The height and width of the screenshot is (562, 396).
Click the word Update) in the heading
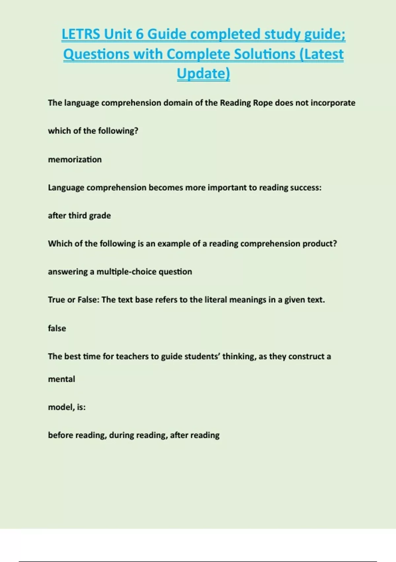point(203,73)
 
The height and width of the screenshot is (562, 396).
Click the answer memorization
point(75,159)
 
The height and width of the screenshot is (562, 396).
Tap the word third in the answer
point(77,216)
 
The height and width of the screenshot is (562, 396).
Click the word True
point(56,300)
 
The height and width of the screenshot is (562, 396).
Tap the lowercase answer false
point(57,328)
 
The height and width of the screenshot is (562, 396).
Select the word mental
point(62,379)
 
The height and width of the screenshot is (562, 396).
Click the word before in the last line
point(60,435)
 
